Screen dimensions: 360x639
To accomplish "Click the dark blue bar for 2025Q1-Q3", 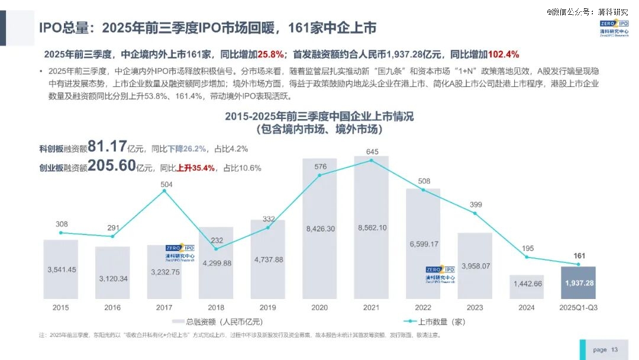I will click(x=578, y=283).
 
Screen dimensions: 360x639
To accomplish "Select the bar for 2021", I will click(x=371, y=227).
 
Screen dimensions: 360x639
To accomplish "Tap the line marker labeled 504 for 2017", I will click(x=164, y=191).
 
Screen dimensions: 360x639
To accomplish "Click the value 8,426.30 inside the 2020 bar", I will click(x=319, y=229).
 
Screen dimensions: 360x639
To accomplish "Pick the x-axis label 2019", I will click(x=267, y=308).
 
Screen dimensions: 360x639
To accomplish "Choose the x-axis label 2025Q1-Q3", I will click(x=578, y=308).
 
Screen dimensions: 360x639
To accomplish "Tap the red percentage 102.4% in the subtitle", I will click(x=504, y=54).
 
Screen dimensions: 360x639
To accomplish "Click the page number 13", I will click(x=614, y=350).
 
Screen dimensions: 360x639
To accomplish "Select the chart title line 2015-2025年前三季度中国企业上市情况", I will click(x=319, y=117).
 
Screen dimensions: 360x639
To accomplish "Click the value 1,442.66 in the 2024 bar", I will click(x=526, y=284).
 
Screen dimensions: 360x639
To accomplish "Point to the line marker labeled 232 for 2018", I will click(x=216, y=249).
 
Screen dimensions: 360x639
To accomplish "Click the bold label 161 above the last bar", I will click(x=579, y=256).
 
